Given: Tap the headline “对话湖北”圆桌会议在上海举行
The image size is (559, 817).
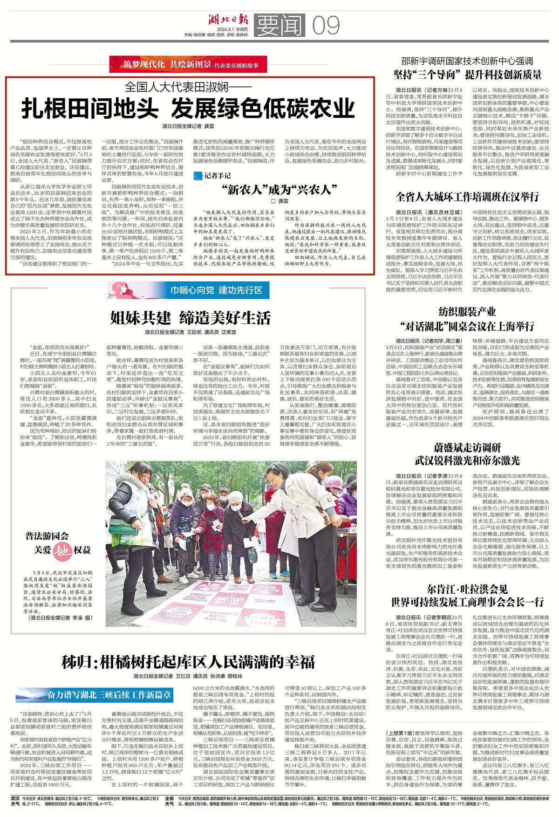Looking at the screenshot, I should (467, 326).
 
